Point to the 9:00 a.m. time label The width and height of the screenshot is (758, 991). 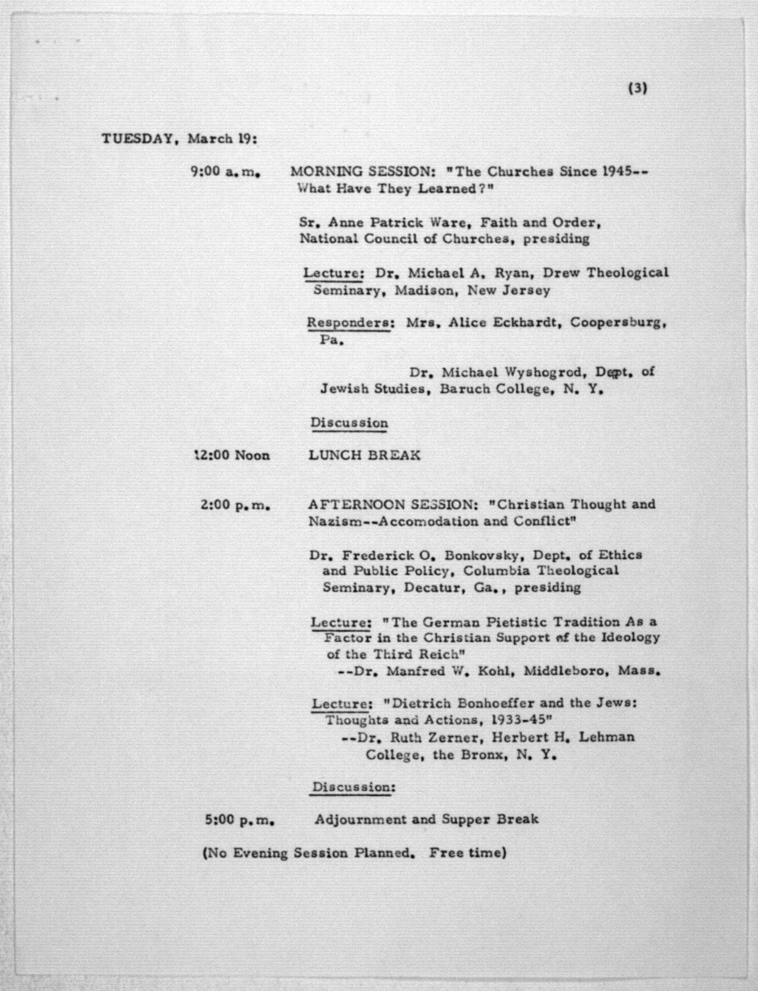point(226,172)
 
